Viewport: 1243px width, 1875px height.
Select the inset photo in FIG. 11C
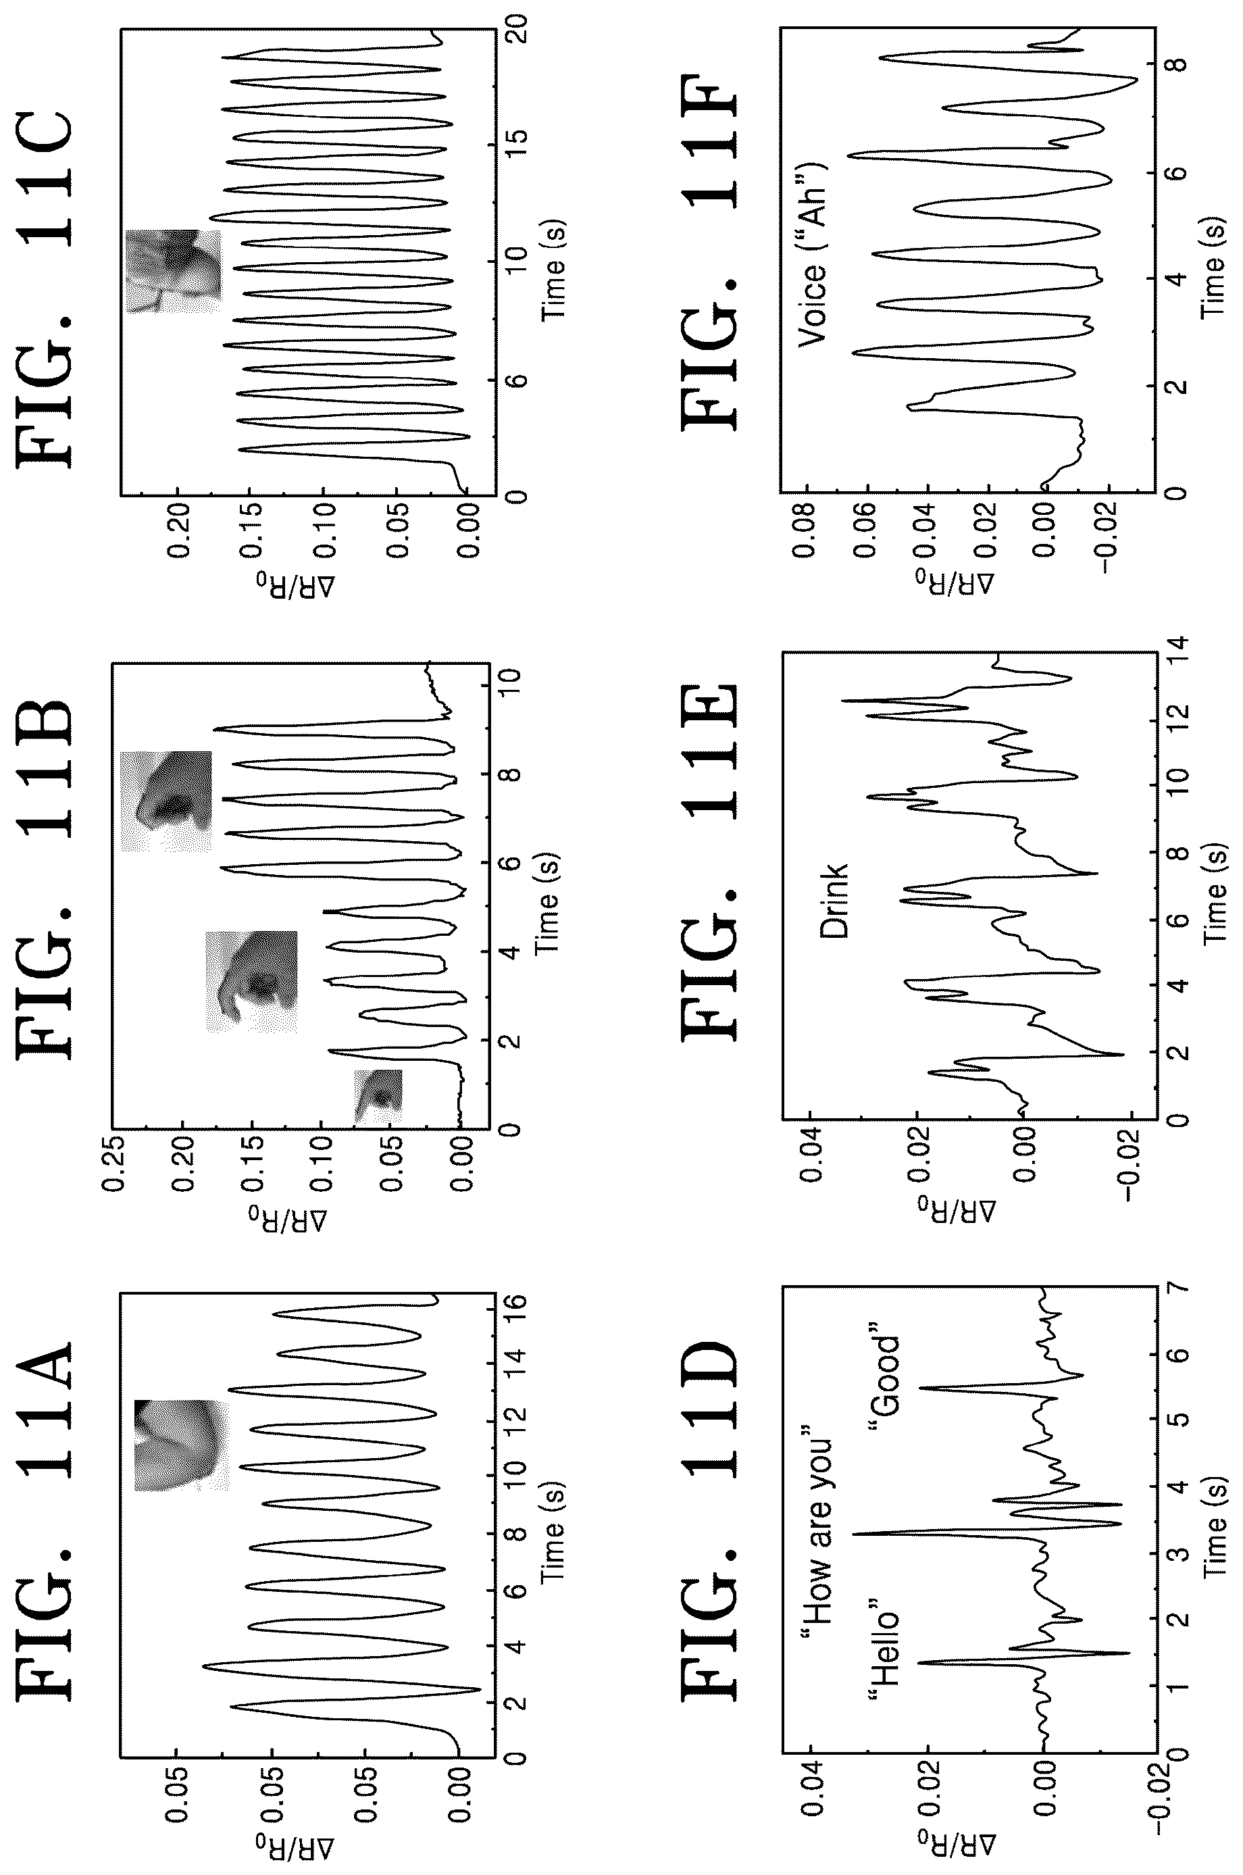174,270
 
